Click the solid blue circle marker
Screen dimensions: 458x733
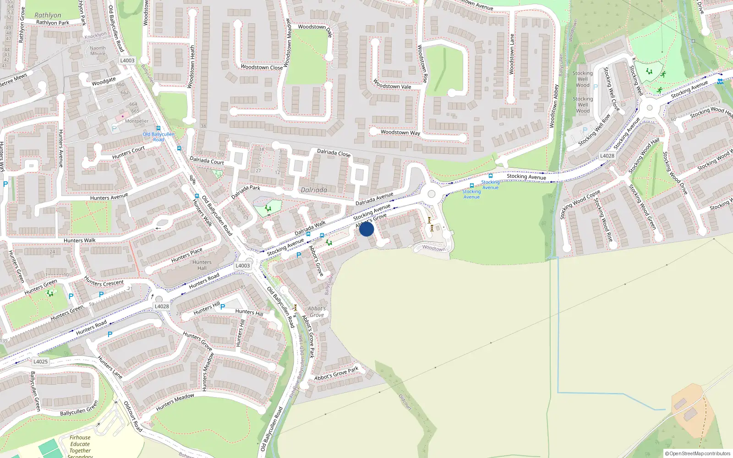(366, 229)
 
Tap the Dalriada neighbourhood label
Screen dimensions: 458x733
(314, 190)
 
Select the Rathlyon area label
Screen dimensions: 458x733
(48, 15)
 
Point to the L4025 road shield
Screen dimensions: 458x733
(40, 361)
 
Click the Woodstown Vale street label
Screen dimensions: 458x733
(392, 85)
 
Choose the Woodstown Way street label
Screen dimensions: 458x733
(400, 132)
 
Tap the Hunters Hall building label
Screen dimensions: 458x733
(202, 265)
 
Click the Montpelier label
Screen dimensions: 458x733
(137, 121)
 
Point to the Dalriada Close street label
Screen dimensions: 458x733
(334, 153)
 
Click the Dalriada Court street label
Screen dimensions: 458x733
(207, 161)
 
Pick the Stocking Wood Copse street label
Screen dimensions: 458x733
(580, 204)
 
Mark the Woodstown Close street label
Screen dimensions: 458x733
(262, 67)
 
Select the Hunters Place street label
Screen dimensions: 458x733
(186, 255)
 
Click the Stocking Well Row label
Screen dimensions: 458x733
(594, 130)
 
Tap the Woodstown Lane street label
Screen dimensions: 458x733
(512, 54)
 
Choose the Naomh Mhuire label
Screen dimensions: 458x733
(98, 51)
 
